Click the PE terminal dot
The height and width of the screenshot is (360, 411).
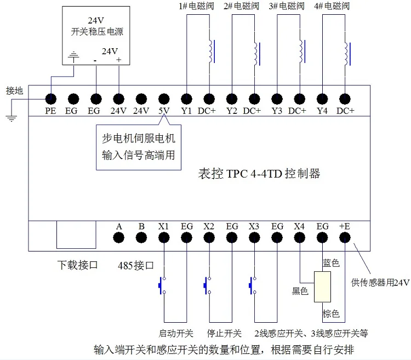click(50, 99)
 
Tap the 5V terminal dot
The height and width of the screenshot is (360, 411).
click(164, 99)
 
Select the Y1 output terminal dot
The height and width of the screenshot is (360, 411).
click(187, 99)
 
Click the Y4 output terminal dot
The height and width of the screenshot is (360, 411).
click(322, 99)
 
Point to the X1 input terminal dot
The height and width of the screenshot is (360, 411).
click(164, 237)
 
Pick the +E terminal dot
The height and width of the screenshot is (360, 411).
click(345, 237)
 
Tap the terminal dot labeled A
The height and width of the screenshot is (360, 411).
click(118, 237)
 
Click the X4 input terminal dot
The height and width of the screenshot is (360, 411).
click(299, 237)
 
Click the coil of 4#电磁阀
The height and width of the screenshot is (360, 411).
click(345, 52)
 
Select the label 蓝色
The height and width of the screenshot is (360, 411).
click(332, 264)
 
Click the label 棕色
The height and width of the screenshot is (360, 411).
click(331, 314)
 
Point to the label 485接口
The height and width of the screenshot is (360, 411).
click(136, 266)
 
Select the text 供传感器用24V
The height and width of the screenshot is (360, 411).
click(380, 283)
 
